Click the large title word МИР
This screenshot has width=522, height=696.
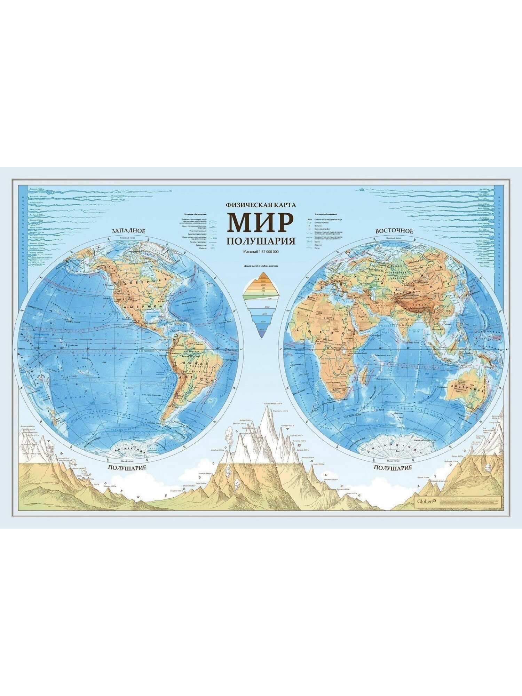260,222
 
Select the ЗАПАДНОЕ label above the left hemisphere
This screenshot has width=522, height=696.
128,231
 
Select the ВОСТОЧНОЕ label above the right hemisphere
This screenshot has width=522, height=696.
394,231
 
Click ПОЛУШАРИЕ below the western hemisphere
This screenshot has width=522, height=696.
127,467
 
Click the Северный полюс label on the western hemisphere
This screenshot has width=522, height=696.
128,238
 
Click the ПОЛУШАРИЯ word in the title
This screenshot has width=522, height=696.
261,241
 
